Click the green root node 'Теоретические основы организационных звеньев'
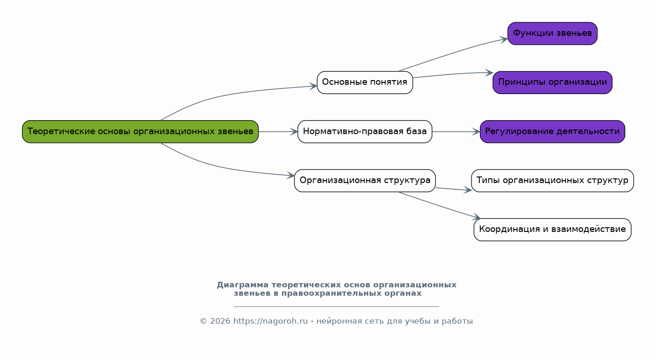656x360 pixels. tap(140, 131)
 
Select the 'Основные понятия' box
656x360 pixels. tap(365, 82)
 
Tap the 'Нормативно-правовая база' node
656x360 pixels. tap(365, 131)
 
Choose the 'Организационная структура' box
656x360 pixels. tap(365, 180)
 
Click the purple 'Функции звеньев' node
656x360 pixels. tap(552, 34)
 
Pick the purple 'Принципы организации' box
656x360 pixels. tap(552, 82)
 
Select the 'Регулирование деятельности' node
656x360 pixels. tap(552, 131)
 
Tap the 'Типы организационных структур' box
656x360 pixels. tap(552, 180)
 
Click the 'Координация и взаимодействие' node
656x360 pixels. tap(552, 230)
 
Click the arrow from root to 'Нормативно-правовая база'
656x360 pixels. tap(278, 132)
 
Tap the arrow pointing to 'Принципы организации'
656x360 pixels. tap(452, 74)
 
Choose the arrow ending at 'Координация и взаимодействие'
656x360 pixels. tap(440, 205)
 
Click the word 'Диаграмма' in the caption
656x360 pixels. tap(242, 285)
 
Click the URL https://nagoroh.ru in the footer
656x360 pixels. tap(270, 321)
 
